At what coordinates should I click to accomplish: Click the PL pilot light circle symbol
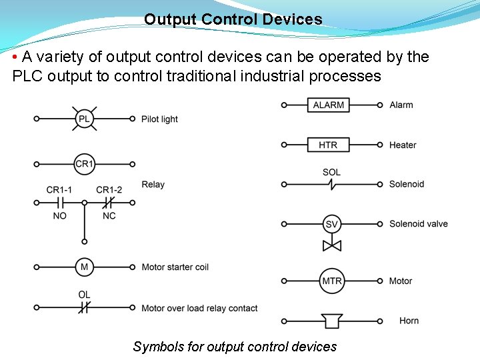84,119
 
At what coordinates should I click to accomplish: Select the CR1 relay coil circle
84,163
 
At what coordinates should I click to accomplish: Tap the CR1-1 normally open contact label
59,189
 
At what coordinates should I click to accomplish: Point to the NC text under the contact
109,216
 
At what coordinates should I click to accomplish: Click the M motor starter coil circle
84,267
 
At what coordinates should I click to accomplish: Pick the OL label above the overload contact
84,295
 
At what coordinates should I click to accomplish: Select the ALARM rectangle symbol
329,105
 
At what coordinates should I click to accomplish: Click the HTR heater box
329,145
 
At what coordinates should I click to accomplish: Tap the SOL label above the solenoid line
331,172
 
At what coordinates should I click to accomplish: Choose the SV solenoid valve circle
331,224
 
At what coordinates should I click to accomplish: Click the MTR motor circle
331,281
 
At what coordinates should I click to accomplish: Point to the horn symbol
331,321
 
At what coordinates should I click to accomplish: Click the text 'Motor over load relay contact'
199,308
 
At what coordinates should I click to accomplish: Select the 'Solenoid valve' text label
418,224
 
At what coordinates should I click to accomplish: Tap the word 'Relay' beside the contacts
153,185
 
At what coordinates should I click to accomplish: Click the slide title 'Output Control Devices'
233,19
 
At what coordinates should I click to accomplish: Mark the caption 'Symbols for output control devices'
235,347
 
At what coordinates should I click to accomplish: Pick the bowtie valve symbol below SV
331,245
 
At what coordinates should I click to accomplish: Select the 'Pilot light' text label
159,119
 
